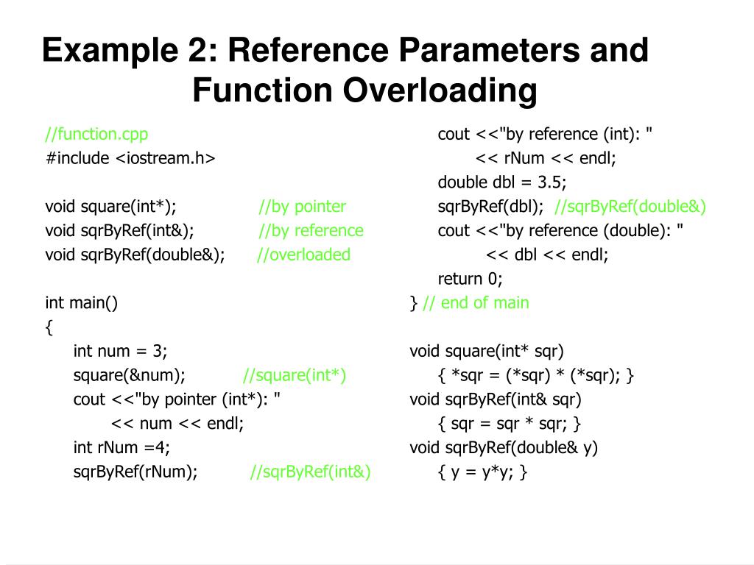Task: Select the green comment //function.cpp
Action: point(96,134)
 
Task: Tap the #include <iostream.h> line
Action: point(130,158)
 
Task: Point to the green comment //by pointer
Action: point(303,207)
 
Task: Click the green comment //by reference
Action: point(311,231)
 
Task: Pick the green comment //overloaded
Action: point(304,255)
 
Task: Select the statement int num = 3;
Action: point(121,352)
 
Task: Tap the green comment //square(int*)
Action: point(295,376)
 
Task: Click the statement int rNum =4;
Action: point(121,447)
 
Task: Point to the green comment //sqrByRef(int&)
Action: point(310,472)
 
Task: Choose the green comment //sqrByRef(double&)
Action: point(630,207)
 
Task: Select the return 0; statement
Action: point(470,279)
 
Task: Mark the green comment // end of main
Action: point(476,303)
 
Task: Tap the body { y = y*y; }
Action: point(482,472)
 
